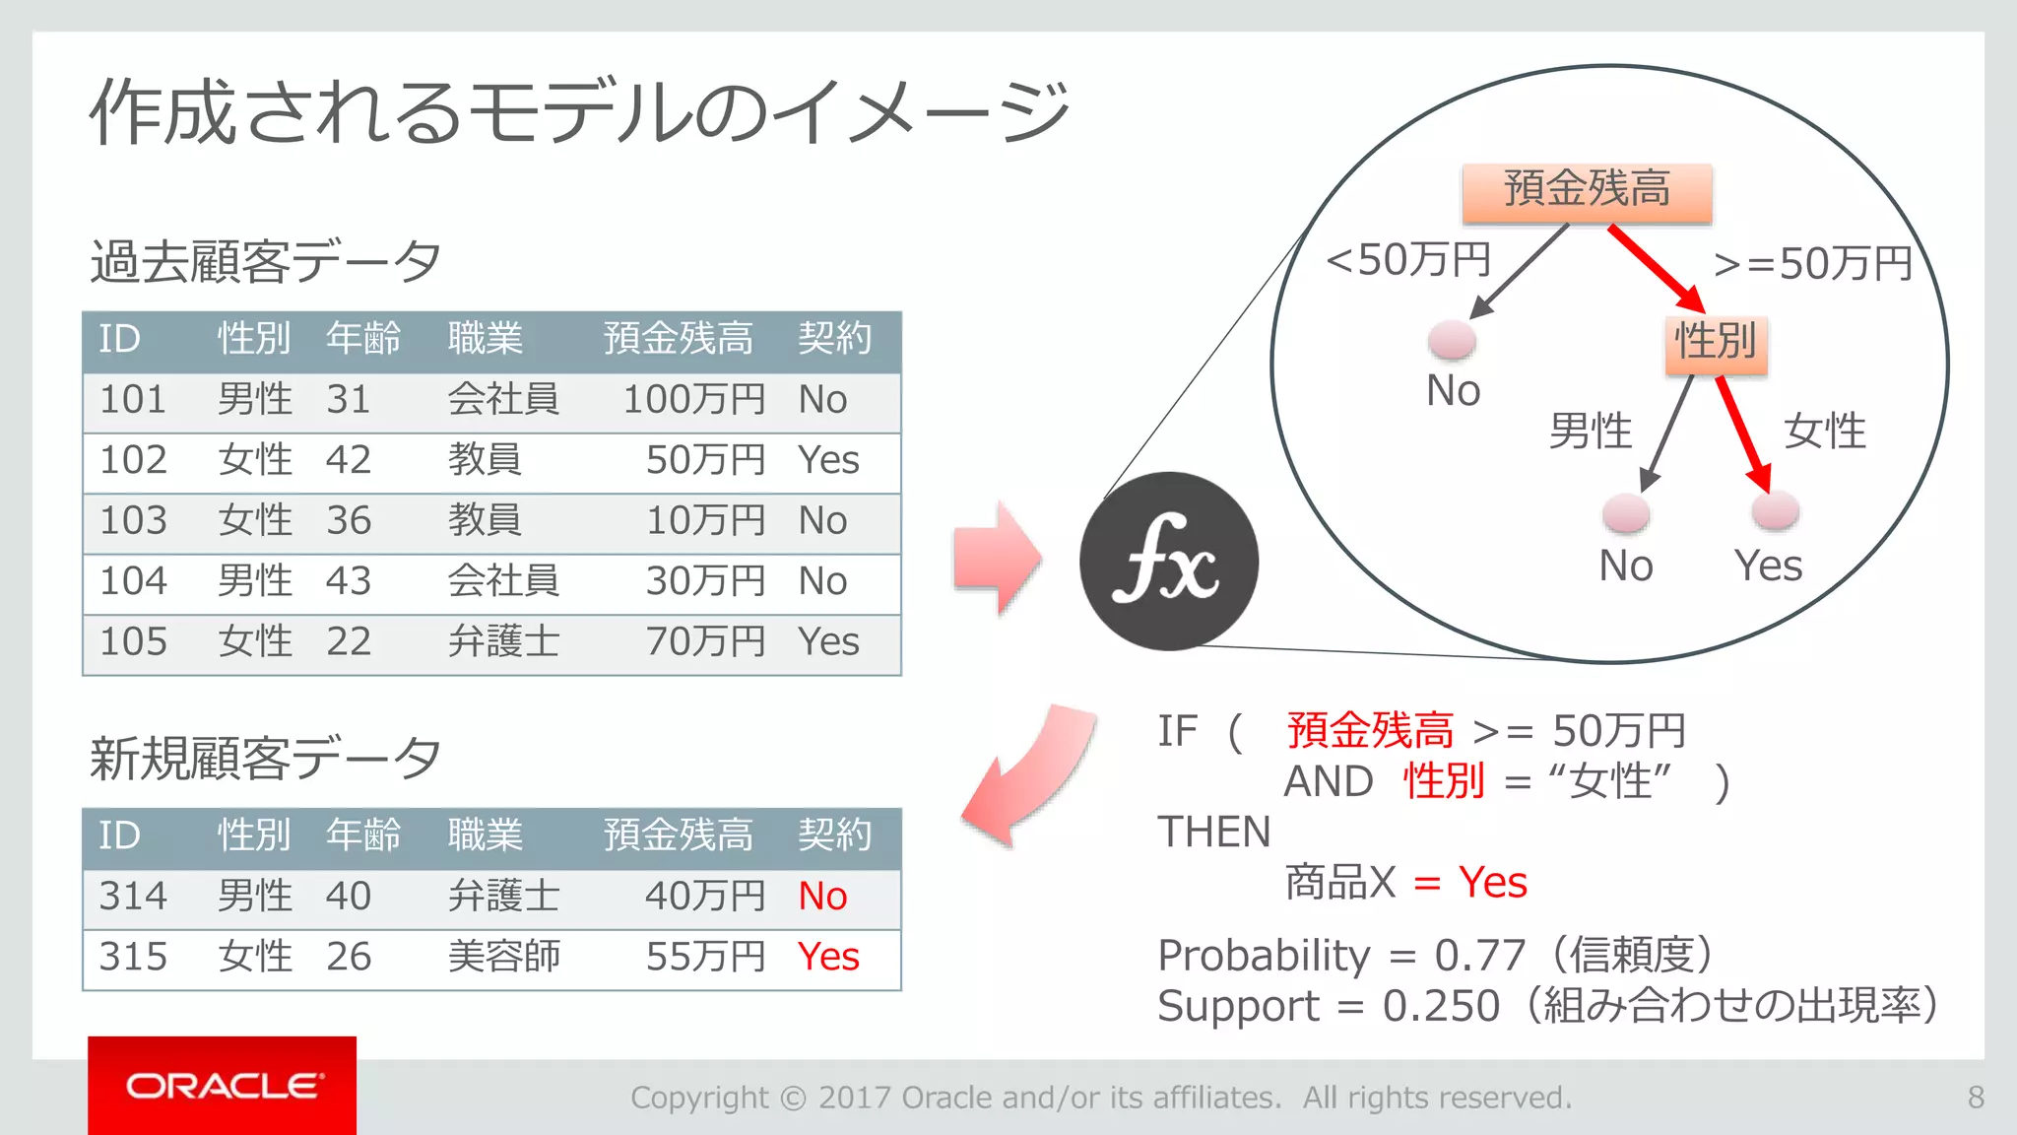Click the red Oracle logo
[222, 1085]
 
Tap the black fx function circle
[1168, 562]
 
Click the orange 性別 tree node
[1716, 343]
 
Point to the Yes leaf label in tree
[1768, 567]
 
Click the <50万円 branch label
[1408, 261]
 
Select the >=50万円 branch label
[1812, 264]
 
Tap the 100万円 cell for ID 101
[694, 400]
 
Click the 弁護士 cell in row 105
[503, 642]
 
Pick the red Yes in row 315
[828, 957]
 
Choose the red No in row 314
[822, 897]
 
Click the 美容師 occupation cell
[503, 957]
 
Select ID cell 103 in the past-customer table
[134, 521]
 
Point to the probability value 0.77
[1479, 956]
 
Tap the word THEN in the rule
[1213, 833]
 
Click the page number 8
[1976, 1098]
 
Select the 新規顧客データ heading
[265, 759]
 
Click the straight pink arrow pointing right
[997, 558]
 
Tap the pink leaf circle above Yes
[1775, 510]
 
